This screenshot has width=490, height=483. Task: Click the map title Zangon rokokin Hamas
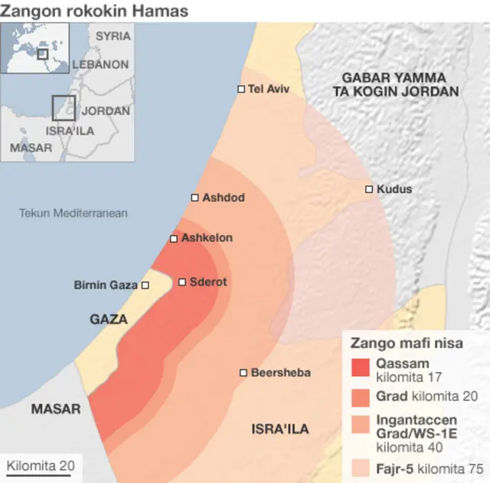click(x=94, y=11)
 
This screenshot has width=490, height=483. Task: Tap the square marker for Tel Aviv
click(x=241, y=89)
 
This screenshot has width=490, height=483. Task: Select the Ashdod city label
click(x=223, y=197)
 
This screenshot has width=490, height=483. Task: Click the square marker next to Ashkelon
click(x=174, y=239)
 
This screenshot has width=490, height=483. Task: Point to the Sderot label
click(x=207, y=282)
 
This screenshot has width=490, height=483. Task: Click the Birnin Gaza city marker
click(x=145, y=286)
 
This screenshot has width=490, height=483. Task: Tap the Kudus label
click(x=394, y=189)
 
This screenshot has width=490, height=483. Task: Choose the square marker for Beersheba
click(x=243, y=373)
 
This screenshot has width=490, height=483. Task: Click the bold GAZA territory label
click(x=109, y=319)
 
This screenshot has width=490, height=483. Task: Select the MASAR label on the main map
click(x=56, y=410)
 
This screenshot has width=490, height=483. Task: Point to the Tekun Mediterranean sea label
click(x=73, y=213)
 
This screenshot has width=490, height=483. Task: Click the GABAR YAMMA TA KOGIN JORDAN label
click(x=395, y=84)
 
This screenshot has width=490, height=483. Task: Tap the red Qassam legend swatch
click(x=360, y=368)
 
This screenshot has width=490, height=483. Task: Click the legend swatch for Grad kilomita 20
click(x=360, y=397)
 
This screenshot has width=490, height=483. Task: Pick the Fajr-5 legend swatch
click(x=360, y=466)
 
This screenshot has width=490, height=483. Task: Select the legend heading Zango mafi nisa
click(x=407, y=344)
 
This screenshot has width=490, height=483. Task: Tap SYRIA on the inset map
click(x=113, y=36)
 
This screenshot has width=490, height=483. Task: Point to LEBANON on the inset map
click(x=100, y=65)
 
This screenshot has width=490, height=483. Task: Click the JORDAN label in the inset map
click(x=106, y=111)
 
